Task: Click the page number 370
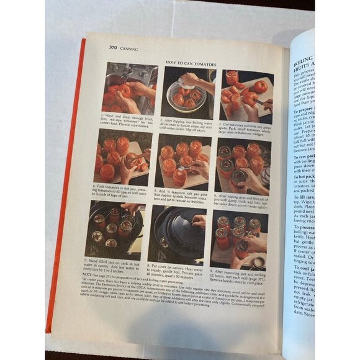[x=114, y=48]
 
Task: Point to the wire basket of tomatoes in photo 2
[x=186, y=96]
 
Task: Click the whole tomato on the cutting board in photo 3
[x=260, y=86]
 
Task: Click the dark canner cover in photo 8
[x=180, y=230]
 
